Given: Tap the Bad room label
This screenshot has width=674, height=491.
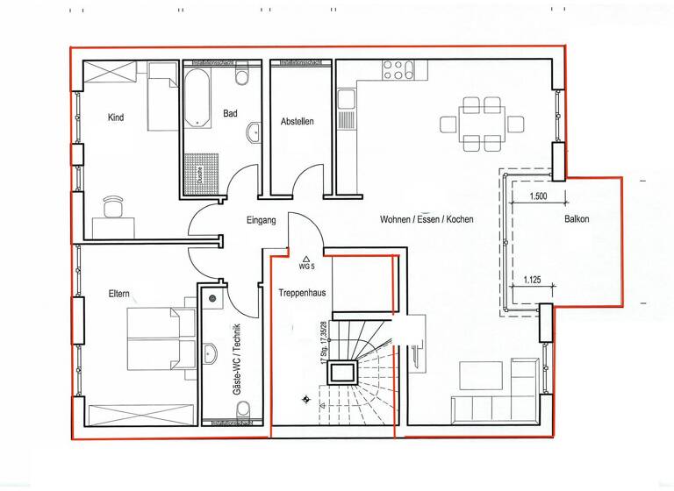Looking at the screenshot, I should [230, 113].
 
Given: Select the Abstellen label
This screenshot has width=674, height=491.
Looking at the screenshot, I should [297, 122].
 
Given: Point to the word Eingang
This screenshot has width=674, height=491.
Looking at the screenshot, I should [262, 220].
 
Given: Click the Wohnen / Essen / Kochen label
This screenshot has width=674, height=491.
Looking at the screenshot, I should [427, 219].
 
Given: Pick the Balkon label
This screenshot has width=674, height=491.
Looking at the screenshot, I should [577, 219].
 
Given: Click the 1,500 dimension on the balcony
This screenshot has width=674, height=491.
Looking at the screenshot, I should [538, 197].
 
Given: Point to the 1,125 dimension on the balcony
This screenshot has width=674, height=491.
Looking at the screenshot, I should [533, 281].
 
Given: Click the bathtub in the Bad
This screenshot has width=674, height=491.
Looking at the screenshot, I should [197, 96].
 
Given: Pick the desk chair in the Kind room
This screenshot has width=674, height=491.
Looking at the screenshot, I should [112, 207].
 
